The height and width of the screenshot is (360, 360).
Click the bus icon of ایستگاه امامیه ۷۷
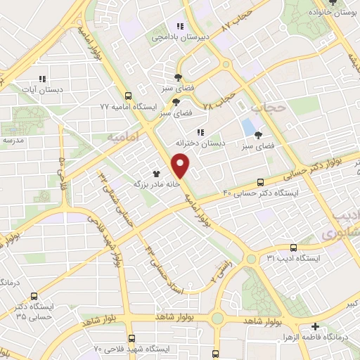point(127,96)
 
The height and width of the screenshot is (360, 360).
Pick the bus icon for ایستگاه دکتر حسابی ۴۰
point(262,181)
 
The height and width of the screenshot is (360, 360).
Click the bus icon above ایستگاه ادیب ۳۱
point(293,247)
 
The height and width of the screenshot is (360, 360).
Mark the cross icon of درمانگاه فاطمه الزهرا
point(316,327)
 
